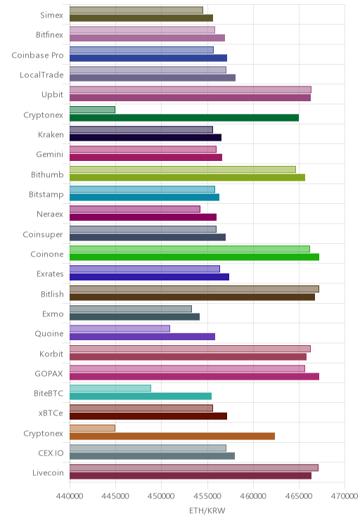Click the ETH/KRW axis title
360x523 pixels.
pyautogui.click(x=207, y=510)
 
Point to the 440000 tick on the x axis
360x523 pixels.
pyautogui.click(x=70, y=496)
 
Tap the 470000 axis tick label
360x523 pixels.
pyautogui.click(x=345, y=496)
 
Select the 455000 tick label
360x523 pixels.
pyautogui.click(x=207, y=496)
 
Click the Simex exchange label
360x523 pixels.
pyautogui.click(x=51, y=15)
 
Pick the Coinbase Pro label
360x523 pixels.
pyautogui.click(x=37, y=55)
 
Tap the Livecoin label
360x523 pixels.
pyautogui.click(x=48, y=472)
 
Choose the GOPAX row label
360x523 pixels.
pyautogui.click(x=49, y=373)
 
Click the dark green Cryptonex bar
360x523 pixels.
pyautogui.click(x=184, y=117)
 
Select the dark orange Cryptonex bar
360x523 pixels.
pyautogui.click(x=172, y=436)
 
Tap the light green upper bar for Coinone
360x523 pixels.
pyautogui.click(x=190, y=249)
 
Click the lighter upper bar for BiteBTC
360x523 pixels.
pyautogui.click(x=110, y=388)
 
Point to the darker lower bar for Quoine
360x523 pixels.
pyautogui.click(x=142, y=337)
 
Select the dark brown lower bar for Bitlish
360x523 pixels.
pyautogui.click(x=192, y=297)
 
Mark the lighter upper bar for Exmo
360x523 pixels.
pyautogui.click(x=131, y=309)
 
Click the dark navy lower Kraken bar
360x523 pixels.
pyautogui.click(x=146, y=137)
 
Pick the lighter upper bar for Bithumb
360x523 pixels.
pyautogui.click(x=183, y=169)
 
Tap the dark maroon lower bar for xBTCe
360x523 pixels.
pyautogui.click(x=148, y=416)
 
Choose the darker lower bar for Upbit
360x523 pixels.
pyautogui.click(x=190, y=98)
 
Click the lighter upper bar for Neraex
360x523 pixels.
pyautogui.click(x=135, y=209)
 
